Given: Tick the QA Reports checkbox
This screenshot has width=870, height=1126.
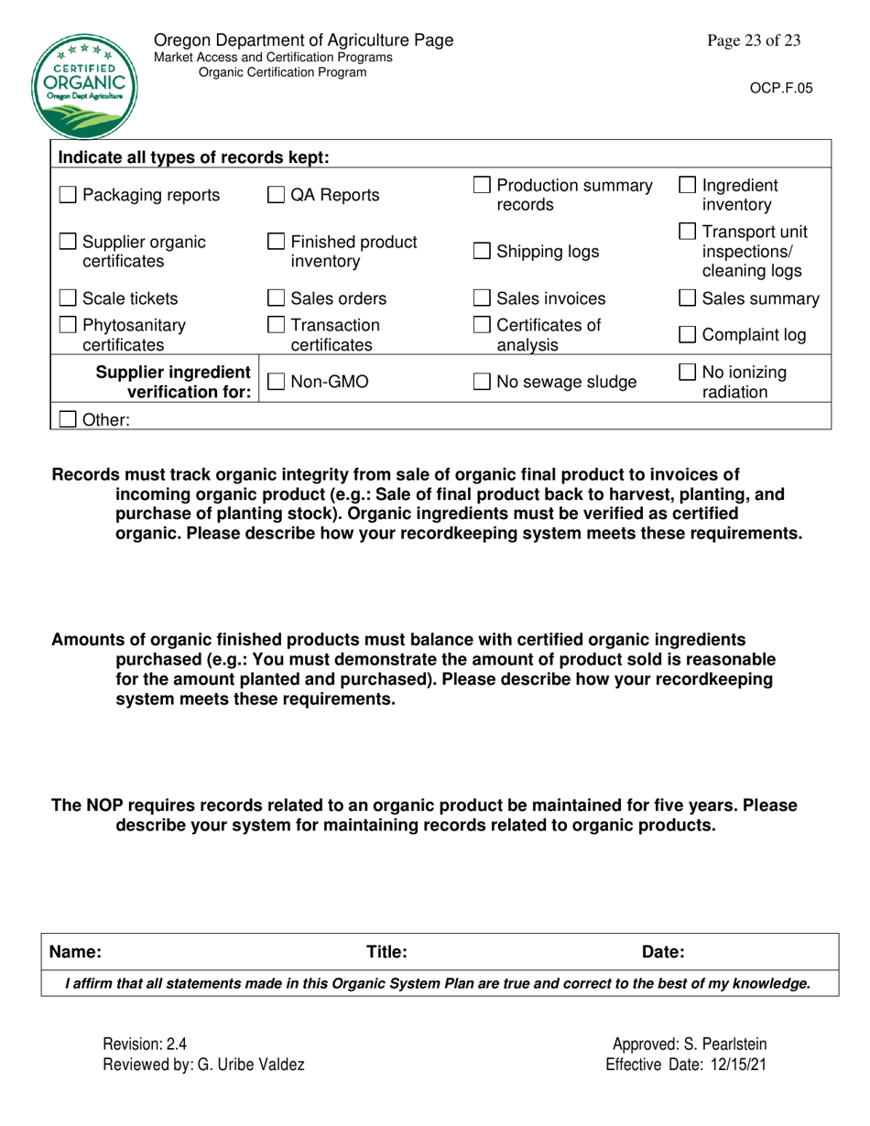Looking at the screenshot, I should (x=275, y=195).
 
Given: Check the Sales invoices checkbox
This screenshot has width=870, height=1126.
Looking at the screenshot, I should (x=483, y=298).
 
